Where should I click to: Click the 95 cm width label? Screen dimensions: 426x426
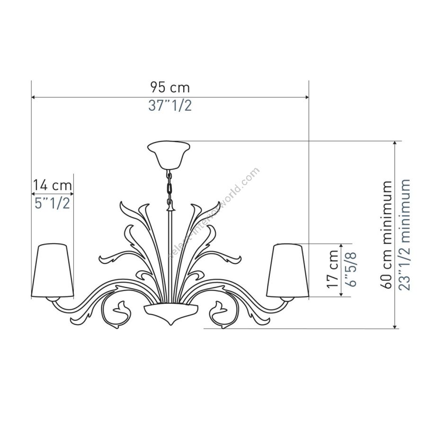170,87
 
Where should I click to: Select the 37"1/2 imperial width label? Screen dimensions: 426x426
170,105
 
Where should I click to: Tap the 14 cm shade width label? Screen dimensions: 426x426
53,185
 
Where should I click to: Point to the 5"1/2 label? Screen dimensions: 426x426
53,203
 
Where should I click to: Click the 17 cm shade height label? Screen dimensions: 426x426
333,269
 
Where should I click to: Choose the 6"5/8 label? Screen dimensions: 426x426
350,269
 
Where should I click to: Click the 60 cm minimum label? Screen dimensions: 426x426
386,235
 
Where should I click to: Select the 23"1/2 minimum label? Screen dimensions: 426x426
404,235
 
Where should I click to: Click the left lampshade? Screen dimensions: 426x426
53,270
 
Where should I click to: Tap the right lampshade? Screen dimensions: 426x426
288,270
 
